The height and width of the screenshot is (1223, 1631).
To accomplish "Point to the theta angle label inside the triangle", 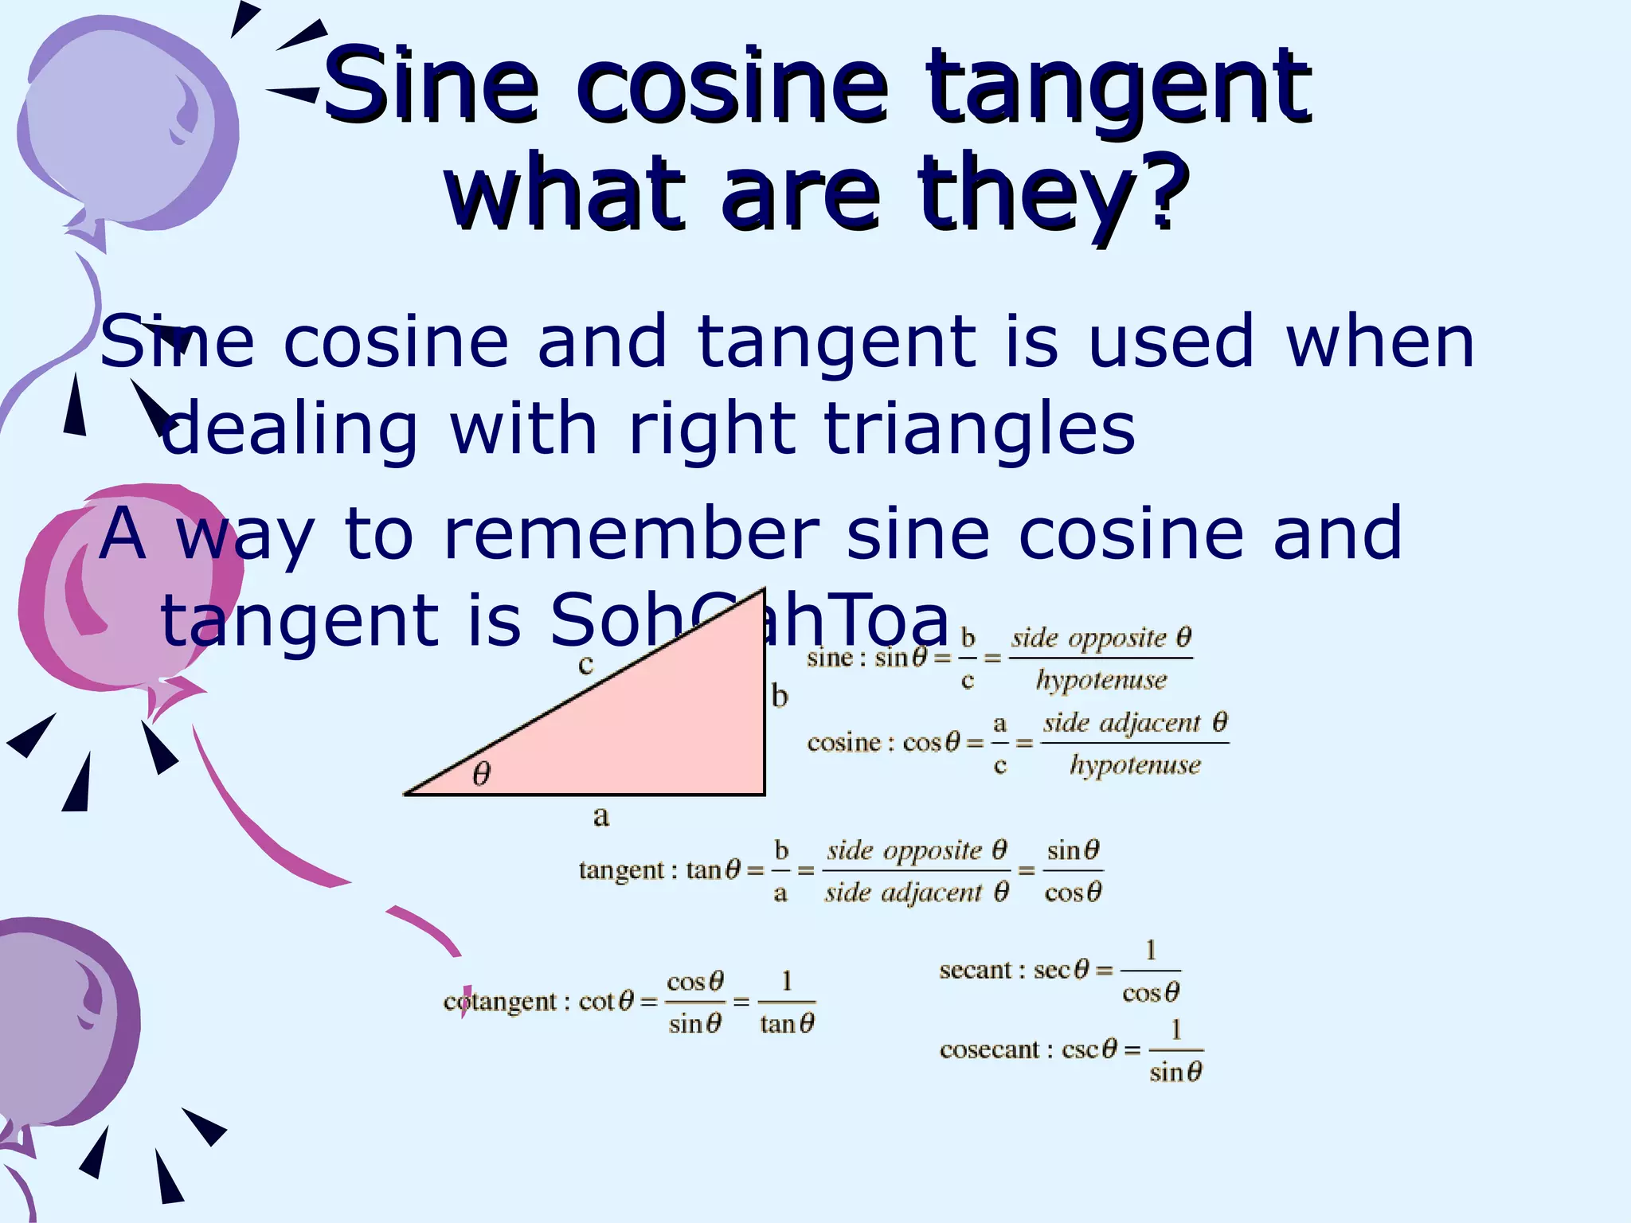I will point(482,774).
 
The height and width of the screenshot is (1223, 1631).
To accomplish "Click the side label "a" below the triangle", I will point(601,816).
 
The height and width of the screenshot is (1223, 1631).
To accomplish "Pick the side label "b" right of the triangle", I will point(780,697).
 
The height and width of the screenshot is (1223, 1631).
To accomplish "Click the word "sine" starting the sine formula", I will point(830,658).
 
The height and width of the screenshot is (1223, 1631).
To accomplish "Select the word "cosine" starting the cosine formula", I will point(844,743).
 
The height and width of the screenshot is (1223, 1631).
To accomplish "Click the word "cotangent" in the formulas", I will point(499,1002).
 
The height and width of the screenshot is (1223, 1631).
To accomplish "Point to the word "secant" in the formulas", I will point(976,971).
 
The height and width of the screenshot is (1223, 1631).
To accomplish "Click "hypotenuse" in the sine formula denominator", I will point(1101,681).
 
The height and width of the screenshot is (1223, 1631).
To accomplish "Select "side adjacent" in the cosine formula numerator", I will point(1121,723).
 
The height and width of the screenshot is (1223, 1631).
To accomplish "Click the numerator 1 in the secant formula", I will point(1151,950).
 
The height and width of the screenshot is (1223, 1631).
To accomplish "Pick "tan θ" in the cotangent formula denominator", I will point(787,1024).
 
